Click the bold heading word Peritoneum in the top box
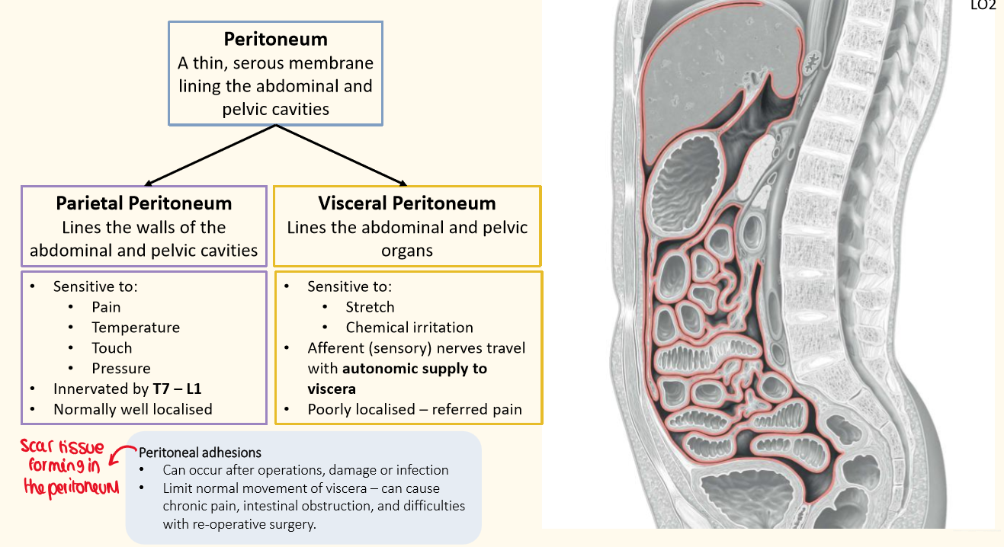pos(276,40)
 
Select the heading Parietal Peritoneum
pos(144,203)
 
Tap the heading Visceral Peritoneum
pos(407,203)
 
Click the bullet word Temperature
pos(136,328)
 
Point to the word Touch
pos(111,348)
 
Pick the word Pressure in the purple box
pos(121,368)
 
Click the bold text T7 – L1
pos(177,389)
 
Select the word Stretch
pos(370,307)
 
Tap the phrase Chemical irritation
pos(409,328)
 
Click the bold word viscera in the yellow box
pos(332,389)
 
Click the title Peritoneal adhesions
pos(200,453)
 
